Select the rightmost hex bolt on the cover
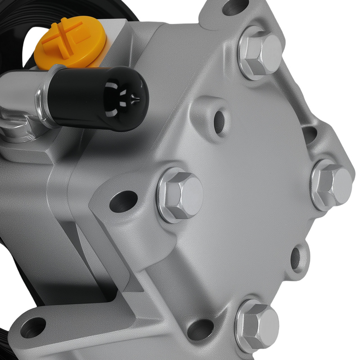tap(331, 185)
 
